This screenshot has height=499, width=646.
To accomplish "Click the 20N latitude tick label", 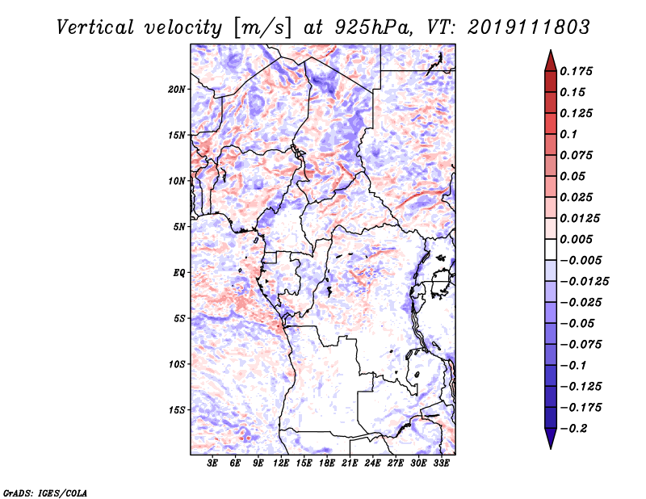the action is (177, 90).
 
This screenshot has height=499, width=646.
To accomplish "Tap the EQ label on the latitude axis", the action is (179, 273).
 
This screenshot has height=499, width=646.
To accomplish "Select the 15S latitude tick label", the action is (177, 410).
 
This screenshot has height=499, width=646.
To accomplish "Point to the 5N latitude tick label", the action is (179, 227).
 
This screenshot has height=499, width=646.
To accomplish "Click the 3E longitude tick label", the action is (212, 463).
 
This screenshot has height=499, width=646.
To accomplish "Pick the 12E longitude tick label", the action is (281, 463).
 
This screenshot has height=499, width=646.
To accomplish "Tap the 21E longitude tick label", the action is (350, 463).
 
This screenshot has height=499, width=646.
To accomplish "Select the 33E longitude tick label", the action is (441, 463).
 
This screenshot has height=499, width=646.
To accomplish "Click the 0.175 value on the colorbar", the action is (576, 71).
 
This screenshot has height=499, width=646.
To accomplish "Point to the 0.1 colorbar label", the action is (568, 134).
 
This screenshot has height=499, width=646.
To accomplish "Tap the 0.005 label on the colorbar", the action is (576, 239).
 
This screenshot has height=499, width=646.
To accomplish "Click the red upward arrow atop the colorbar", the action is (551, 61).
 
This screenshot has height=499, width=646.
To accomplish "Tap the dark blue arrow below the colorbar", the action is (551, 438).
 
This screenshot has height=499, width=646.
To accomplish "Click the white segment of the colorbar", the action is (551, 249).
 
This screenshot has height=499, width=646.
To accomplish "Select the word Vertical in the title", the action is (95, 27).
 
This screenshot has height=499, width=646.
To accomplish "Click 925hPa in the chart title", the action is (374, 27).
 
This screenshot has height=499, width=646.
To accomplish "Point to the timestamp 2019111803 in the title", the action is (529, 27).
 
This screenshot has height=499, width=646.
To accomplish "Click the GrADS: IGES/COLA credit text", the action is (45, 493).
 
